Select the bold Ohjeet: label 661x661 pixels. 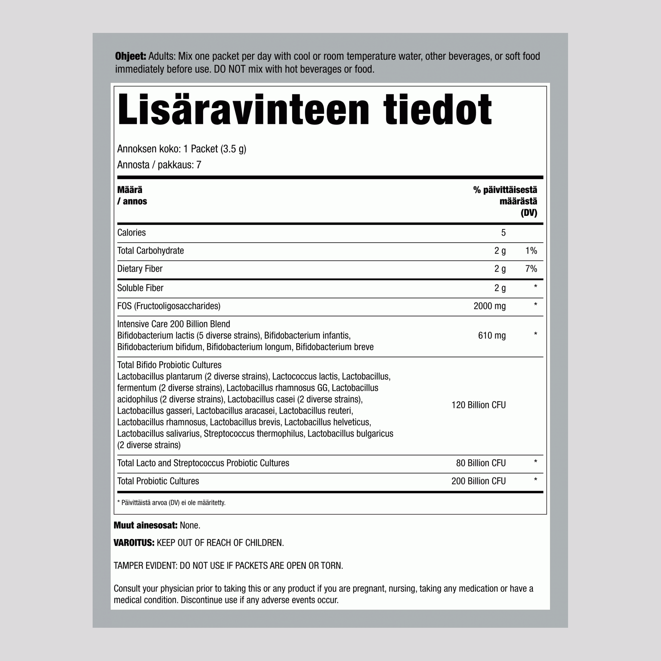coord(131,56)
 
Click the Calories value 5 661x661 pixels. coord(503,233)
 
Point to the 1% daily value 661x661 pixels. coord(531,251)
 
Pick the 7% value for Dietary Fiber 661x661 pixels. coord(531,269)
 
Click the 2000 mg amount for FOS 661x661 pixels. coord(489,306)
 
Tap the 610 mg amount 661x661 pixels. coord(492,335)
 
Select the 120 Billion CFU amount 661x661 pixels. coord(478,405)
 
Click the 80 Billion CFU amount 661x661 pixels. coord(481,463)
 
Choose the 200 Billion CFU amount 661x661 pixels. coord(478,481)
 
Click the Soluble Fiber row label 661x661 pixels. coord(140,288)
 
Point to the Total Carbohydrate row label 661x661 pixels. coord(150,251)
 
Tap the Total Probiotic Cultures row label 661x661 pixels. coord(158,481)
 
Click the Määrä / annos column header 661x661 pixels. coord(132,195)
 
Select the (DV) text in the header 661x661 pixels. coord(529,213)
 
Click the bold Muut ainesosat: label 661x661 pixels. coord(146,525)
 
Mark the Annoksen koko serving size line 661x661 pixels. coord(182,149)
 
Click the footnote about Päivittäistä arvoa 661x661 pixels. coord(171,503)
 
